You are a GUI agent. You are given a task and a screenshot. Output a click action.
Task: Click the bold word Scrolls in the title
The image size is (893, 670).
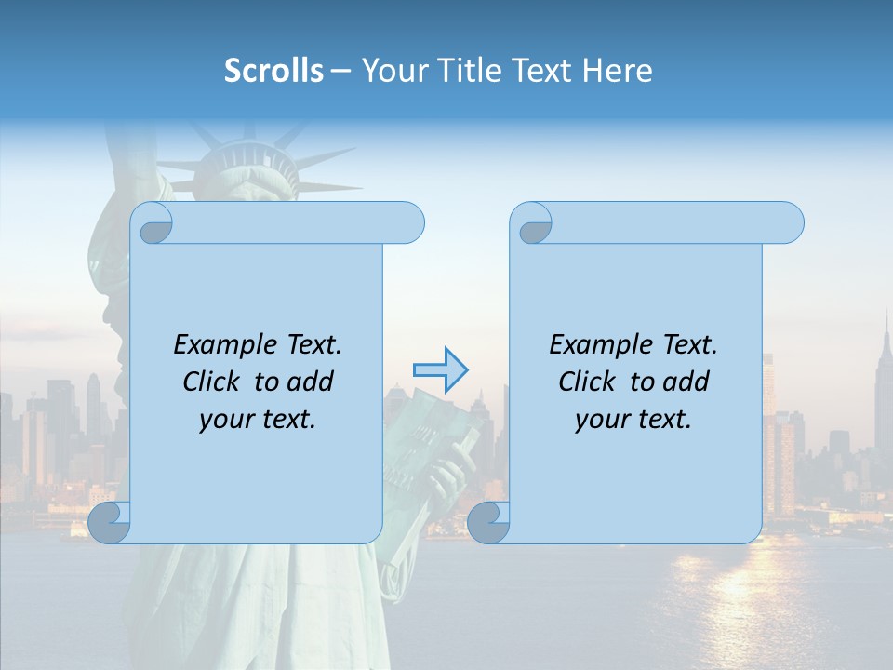273,71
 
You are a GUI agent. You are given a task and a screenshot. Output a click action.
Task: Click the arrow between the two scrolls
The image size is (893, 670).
440,370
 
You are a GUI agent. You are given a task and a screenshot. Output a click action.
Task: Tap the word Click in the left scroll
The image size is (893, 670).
211,382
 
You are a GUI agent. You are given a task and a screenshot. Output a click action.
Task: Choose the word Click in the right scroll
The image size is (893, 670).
587,382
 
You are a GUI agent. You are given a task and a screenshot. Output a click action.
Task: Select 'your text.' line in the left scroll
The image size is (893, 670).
258,420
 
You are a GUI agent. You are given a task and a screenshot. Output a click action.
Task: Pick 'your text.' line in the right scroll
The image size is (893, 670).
633,420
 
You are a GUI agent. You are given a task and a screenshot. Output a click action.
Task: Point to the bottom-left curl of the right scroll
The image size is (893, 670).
488,522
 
